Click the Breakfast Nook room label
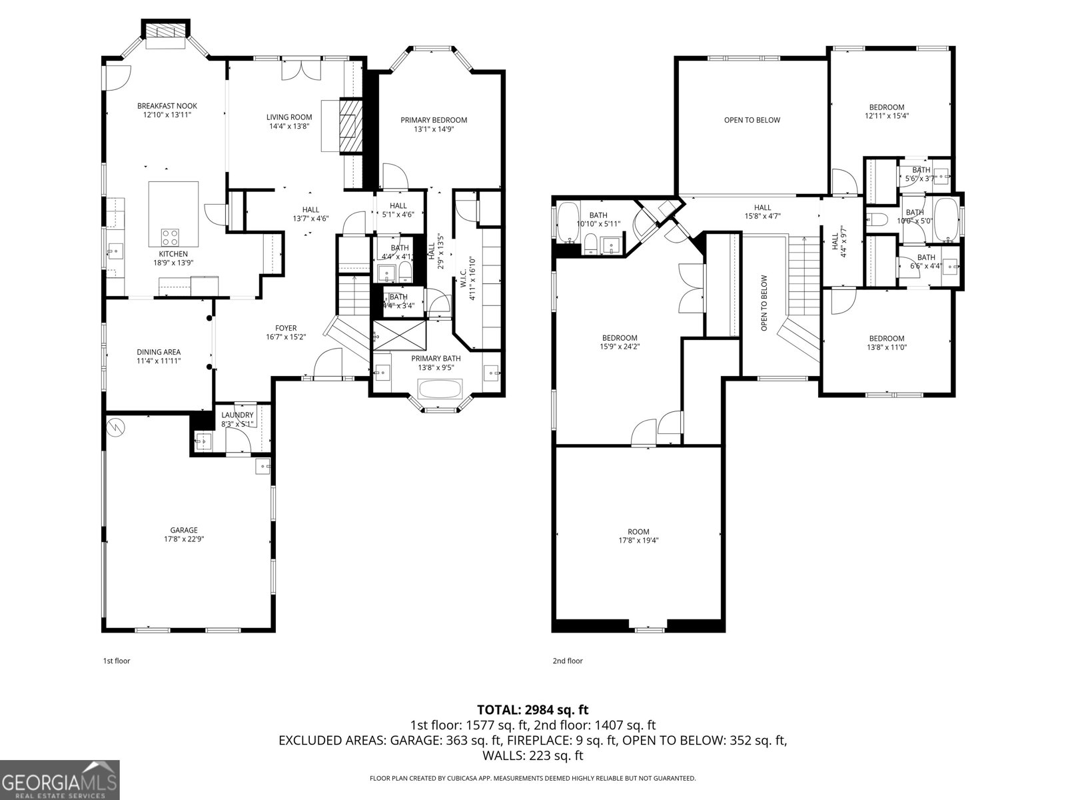click(167, 106)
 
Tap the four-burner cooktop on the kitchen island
click(170, 237)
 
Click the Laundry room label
click(237, 415)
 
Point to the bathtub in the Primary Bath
click(440, 389)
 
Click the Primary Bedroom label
click(434, 120)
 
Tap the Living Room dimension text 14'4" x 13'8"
click(289, 126)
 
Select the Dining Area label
click(159, 352)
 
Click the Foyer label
click(286, 328)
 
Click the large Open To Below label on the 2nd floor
click(752, 120)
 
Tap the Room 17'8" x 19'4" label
click(638, 532)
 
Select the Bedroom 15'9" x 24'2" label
click(620, 338)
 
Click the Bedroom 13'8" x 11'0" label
click(886, 339)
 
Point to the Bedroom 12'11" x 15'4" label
click(886, 107)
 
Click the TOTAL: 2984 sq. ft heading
click(533, 710)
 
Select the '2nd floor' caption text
click(568, 661)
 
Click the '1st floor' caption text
click(117, 661)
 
